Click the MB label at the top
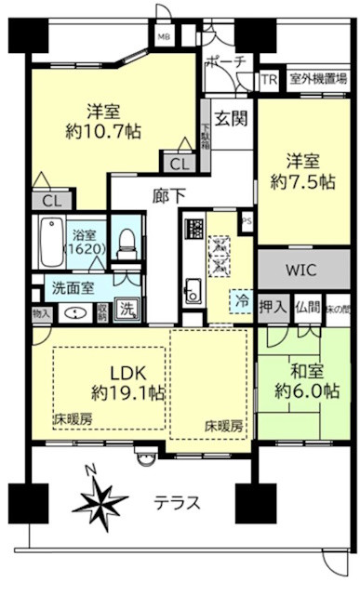pos(163,37)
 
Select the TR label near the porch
pos(270,80)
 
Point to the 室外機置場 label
pos(317,80)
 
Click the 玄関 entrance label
pos(229,118)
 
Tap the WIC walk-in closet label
pos(300,272)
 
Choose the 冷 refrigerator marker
pos(241,303)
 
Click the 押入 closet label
pos(271,306)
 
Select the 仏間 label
pos(307,306)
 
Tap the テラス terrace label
pos(177,504)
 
